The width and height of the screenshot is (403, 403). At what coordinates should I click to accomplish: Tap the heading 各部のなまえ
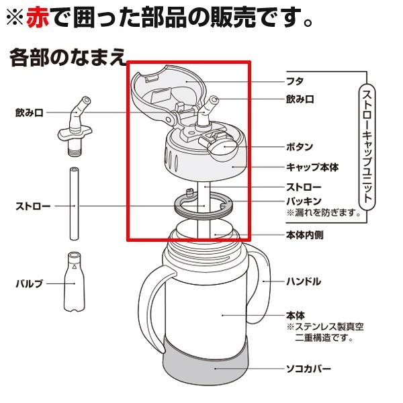(x=67, y=57)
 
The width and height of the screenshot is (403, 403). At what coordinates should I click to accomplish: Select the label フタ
(x=294, y=80)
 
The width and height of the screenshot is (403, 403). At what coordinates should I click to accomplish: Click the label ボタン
(x=299, y=146)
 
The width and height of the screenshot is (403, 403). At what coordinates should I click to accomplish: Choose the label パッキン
(x=303, y=201)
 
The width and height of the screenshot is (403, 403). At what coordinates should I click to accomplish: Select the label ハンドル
(x=303, y=281)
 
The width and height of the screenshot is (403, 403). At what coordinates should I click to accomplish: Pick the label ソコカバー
(x=308, y=369)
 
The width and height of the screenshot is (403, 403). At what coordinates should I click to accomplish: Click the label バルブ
(x=28, y=285)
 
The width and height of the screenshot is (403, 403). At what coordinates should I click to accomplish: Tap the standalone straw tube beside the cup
(x=74, y=205)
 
